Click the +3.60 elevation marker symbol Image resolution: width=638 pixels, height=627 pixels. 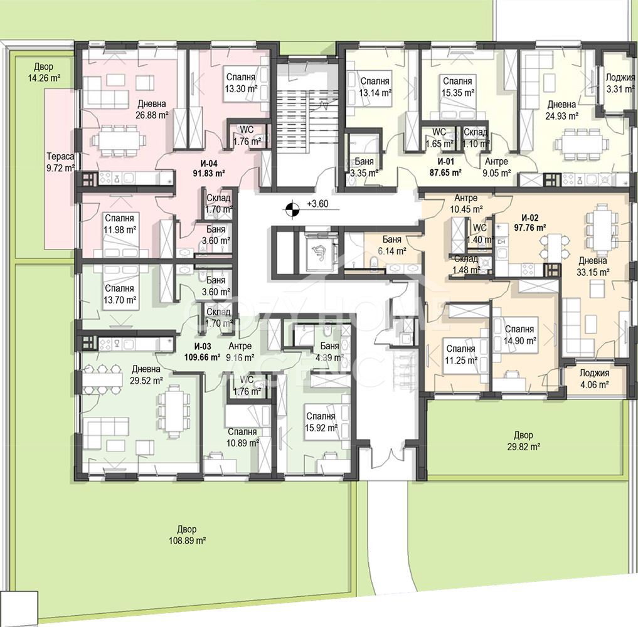[x=291, y=209]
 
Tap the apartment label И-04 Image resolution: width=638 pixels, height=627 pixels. [x=209, y=164]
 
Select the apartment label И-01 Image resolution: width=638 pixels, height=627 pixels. [x=445, y=161]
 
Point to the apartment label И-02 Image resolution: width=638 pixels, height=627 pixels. [x=529, y=218]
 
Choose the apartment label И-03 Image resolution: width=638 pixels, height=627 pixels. [x=203, y=347]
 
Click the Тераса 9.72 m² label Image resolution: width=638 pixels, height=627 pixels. [x=60, y=162]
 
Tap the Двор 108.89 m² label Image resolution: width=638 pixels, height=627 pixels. [x=187, y=535]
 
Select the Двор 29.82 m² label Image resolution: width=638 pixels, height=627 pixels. [x=523, y=441]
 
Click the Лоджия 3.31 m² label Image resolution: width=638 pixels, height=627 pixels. [x=620, y=83]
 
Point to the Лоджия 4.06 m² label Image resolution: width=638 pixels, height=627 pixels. [x=594, y=379]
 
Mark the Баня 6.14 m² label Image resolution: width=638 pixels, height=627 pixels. [x=392, y=245]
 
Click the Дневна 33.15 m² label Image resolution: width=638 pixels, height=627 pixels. [x=593, y=266]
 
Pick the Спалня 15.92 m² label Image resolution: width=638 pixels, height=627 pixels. [x=321, y=422]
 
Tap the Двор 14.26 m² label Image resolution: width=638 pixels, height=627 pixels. [x=43, y=72]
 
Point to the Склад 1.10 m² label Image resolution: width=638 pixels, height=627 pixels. [x=476, y=138]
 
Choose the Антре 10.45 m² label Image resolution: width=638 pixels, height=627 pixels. [x=466, y=204]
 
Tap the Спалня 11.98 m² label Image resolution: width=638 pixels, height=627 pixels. [x=119, y=224]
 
